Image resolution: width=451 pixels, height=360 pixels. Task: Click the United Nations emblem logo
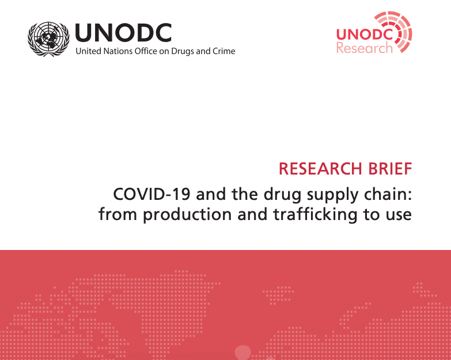[x=50, y=39]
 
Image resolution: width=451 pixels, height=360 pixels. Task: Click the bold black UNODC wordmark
[x=123, y=33]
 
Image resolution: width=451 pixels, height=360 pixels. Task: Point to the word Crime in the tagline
[x=223, y=51]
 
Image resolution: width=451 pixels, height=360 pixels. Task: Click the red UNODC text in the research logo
[x=365, y=34]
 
